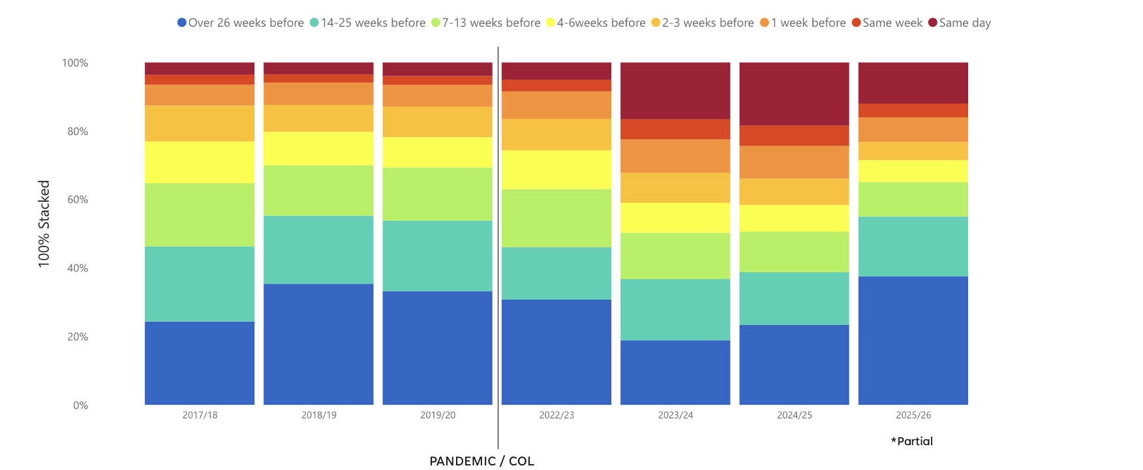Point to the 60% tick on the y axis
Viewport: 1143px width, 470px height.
tap(78, 200)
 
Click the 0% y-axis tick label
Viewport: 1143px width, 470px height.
tap(80, 405)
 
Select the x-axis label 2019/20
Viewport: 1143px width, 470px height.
tap(438, 415)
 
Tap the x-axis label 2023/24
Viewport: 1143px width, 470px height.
tap(675, 415)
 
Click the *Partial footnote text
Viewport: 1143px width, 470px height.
tap(912, 441)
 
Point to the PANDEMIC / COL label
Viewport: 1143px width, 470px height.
tap(481, 461)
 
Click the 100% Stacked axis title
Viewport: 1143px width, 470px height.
tap(44, 224)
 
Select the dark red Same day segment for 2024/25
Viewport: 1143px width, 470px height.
tap(794, 93)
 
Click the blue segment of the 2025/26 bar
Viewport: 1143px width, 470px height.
tap(913, 340)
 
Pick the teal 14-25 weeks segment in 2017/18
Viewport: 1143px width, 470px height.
tap(200, 284)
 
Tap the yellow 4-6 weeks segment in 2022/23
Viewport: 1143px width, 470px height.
tap(556, 170)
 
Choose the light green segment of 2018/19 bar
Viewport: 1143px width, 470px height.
tap(318, 191)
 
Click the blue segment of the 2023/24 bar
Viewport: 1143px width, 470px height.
tap(675, 372)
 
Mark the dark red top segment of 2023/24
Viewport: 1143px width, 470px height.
tap(675, 90)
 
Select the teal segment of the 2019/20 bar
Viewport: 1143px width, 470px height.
tap(437, 256)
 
